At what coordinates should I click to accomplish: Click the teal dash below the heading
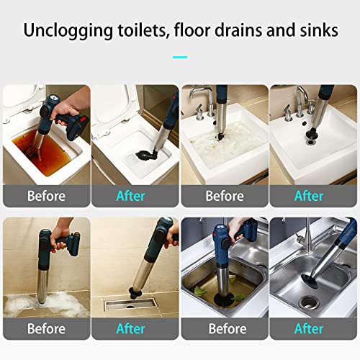tap(180, 56)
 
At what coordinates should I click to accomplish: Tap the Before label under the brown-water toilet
tap(46, 195)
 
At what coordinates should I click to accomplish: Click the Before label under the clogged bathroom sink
tap(225, 195)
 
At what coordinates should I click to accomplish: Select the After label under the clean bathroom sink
tap(309, 195)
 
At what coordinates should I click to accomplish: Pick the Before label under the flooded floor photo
tap(46, 328)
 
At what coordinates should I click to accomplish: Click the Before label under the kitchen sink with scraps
tap(225, 328)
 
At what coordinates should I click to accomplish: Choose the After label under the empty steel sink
tap(309, 328)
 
